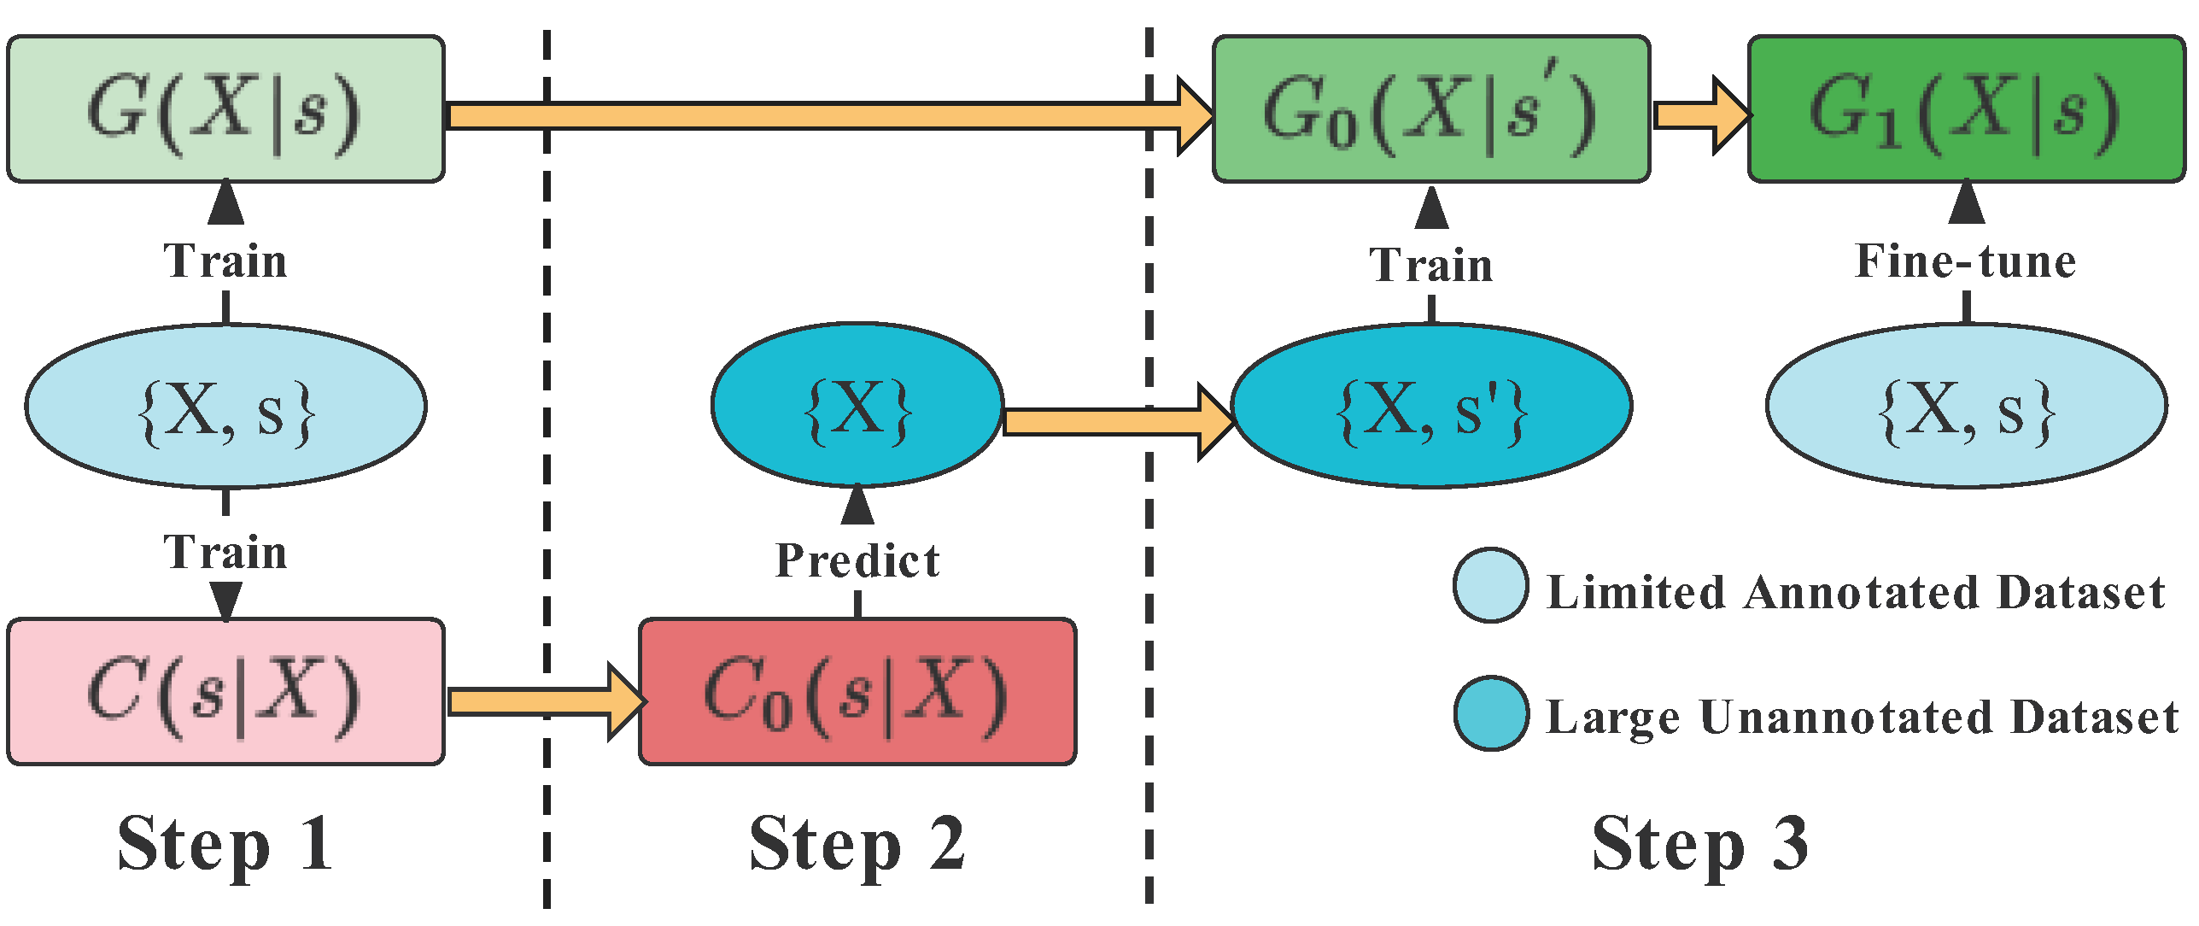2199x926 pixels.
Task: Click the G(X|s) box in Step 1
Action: pyautogui.click(x=225, y=109)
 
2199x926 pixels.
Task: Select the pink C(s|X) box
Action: pyautogui.click(x=225, y=692)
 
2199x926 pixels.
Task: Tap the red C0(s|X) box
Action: pyautogui.click(x=857, y=692)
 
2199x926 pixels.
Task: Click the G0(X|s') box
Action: pyautogui.click(x=1431, y=109)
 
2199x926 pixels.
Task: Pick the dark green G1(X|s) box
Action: pyautogui.click(x=1966, y=109)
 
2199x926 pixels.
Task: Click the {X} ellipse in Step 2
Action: pyautogui.click(x=857, y=406)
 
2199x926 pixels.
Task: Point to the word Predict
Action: pyautogui.click(x=857, y=561)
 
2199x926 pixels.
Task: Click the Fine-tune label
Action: pyautogui.click(x=1966, y=261)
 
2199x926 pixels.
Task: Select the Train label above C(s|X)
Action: pyautogui.click(x=225, y=552)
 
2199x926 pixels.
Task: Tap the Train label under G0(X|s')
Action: pyautogui.click(x=1431, y=265)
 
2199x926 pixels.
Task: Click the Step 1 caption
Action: pyautogui.click(x=225, y=844)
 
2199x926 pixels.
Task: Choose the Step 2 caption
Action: pyautogui.click(x=857, y=844)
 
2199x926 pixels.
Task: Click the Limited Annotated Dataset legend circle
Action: pyautogui.click(x=1490, y=586)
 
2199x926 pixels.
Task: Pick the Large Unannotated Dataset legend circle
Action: pyautogui.click(x=1490, y=714)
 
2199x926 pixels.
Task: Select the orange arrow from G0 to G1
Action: pyautogui.click(x=1699, y=115)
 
